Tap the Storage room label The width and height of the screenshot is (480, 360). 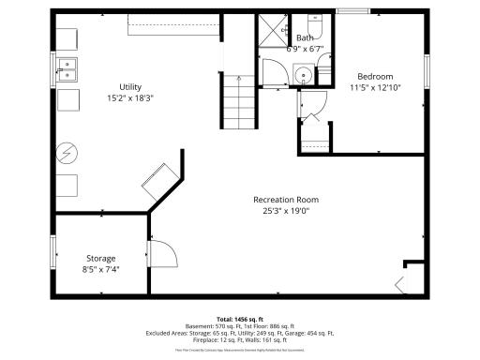[x=101, y=258]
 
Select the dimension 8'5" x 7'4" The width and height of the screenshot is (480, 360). [x=101, y=270]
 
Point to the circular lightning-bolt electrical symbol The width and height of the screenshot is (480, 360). [x=67, y=150]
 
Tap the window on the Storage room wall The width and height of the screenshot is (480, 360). [x=52, y=251]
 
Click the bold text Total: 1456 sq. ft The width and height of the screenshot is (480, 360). [x=240, y=319]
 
